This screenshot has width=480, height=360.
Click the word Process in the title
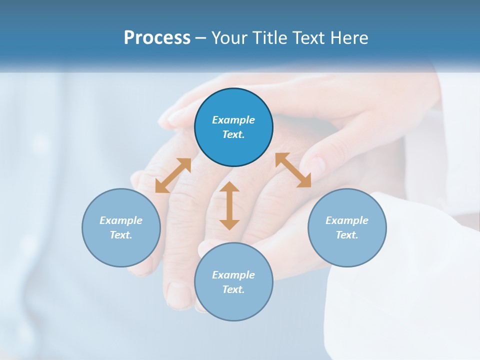tap(157, 38)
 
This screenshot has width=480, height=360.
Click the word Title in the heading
tap(269, 38)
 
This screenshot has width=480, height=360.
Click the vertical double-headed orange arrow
tap(229, 205)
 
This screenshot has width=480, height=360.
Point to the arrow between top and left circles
tap(173, 175)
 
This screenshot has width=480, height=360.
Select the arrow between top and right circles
tap(293, 170)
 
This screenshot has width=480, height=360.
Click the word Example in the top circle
tap(233, 120)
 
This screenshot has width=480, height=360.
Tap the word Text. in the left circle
tap(121, 235)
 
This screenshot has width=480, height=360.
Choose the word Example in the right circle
tap(347, 220)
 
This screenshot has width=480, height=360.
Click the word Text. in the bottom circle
tap(233, 289)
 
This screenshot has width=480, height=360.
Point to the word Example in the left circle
tap(121, 220)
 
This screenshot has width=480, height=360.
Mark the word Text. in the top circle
tap(233, 134)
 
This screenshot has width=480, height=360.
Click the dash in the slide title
tap(201, 38)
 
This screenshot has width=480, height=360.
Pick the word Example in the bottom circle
tap(233, 275)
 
